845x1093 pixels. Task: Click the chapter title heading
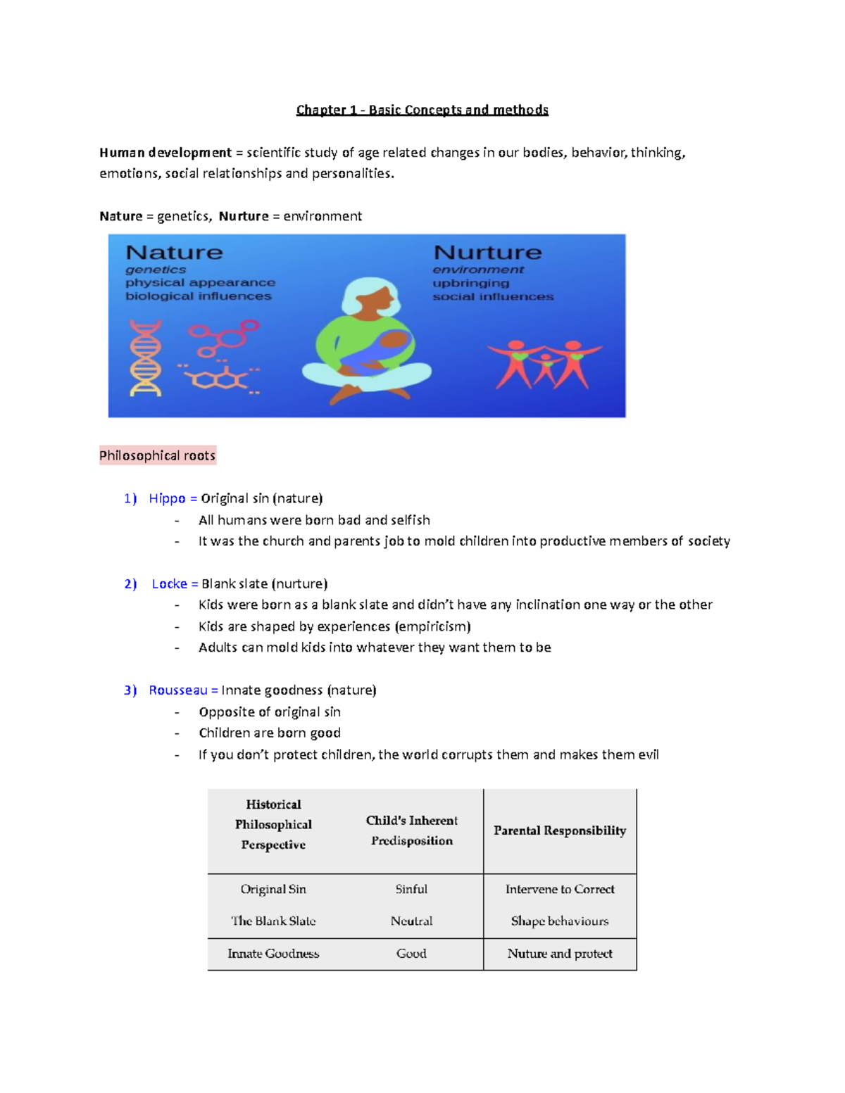click(x=422, y=110)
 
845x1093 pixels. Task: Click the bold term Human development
click(x=165, y=153)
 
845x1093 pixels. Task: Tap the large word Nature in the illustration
click(x=174, y=253)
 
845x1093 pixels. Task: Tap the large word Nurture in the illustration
click(x=487, y=253)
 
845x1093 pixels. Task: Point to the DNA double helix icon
click(x=146, y=358)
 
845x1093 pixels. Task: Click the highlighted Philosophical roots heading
click(x=157, y=455)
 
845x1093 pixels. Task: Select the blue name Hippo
click(x=167, y=498)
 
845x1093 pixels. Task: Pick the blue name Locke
click(x=169, y=583)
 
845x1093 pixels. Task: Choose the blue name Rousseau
click(x=177, y=690)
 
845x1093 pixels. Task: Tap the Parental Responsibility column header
click(x=560, y=830)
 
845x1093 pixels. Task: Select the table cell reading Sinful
click(x=411, y=889)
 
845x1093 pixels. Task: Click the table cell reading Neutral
click(x=411, y=921)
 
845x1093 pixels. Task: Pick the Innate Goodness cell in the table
click(x=273, y=954)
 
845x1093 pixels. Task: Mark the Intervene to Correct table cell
click(x=560, y=889)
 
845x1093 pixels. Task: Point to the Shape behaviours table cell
click(x=560, y=921)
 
